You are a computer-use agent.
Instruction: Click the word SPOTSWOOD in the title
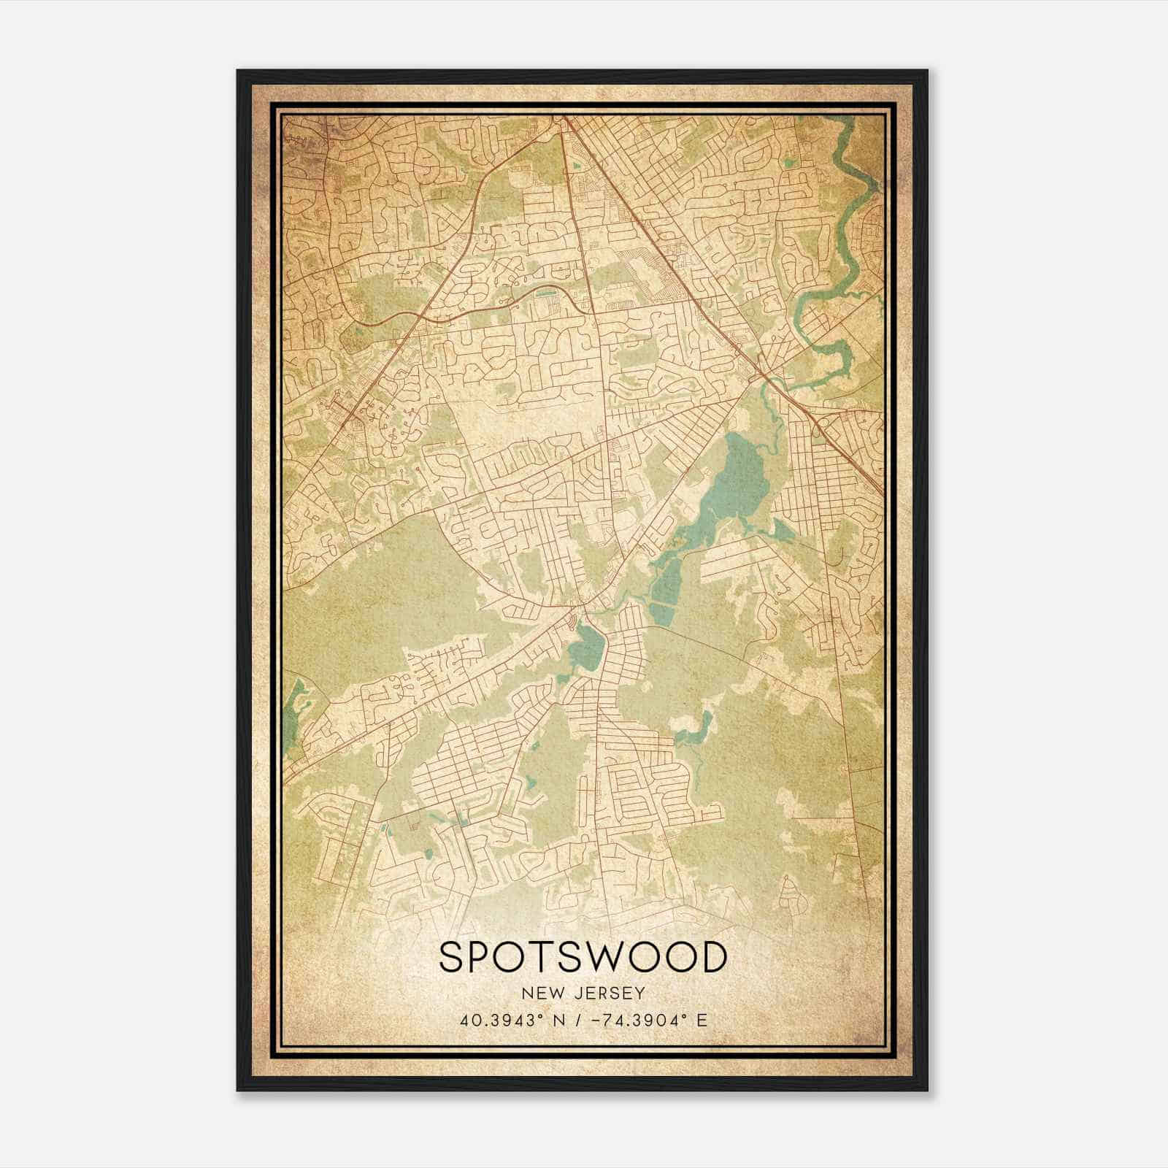pos(583,958)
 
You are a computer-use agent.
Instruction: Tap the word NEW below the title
pos(540,994)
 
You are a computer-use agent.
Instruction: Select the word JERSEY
pos(607,994)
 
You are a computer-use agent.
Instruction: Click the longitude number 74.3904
pos(642,1020)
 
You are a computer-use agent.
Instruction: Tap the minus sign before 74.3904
pos(601,1020)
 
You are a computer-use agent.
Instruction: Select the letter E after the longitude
pos(702,1020)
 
